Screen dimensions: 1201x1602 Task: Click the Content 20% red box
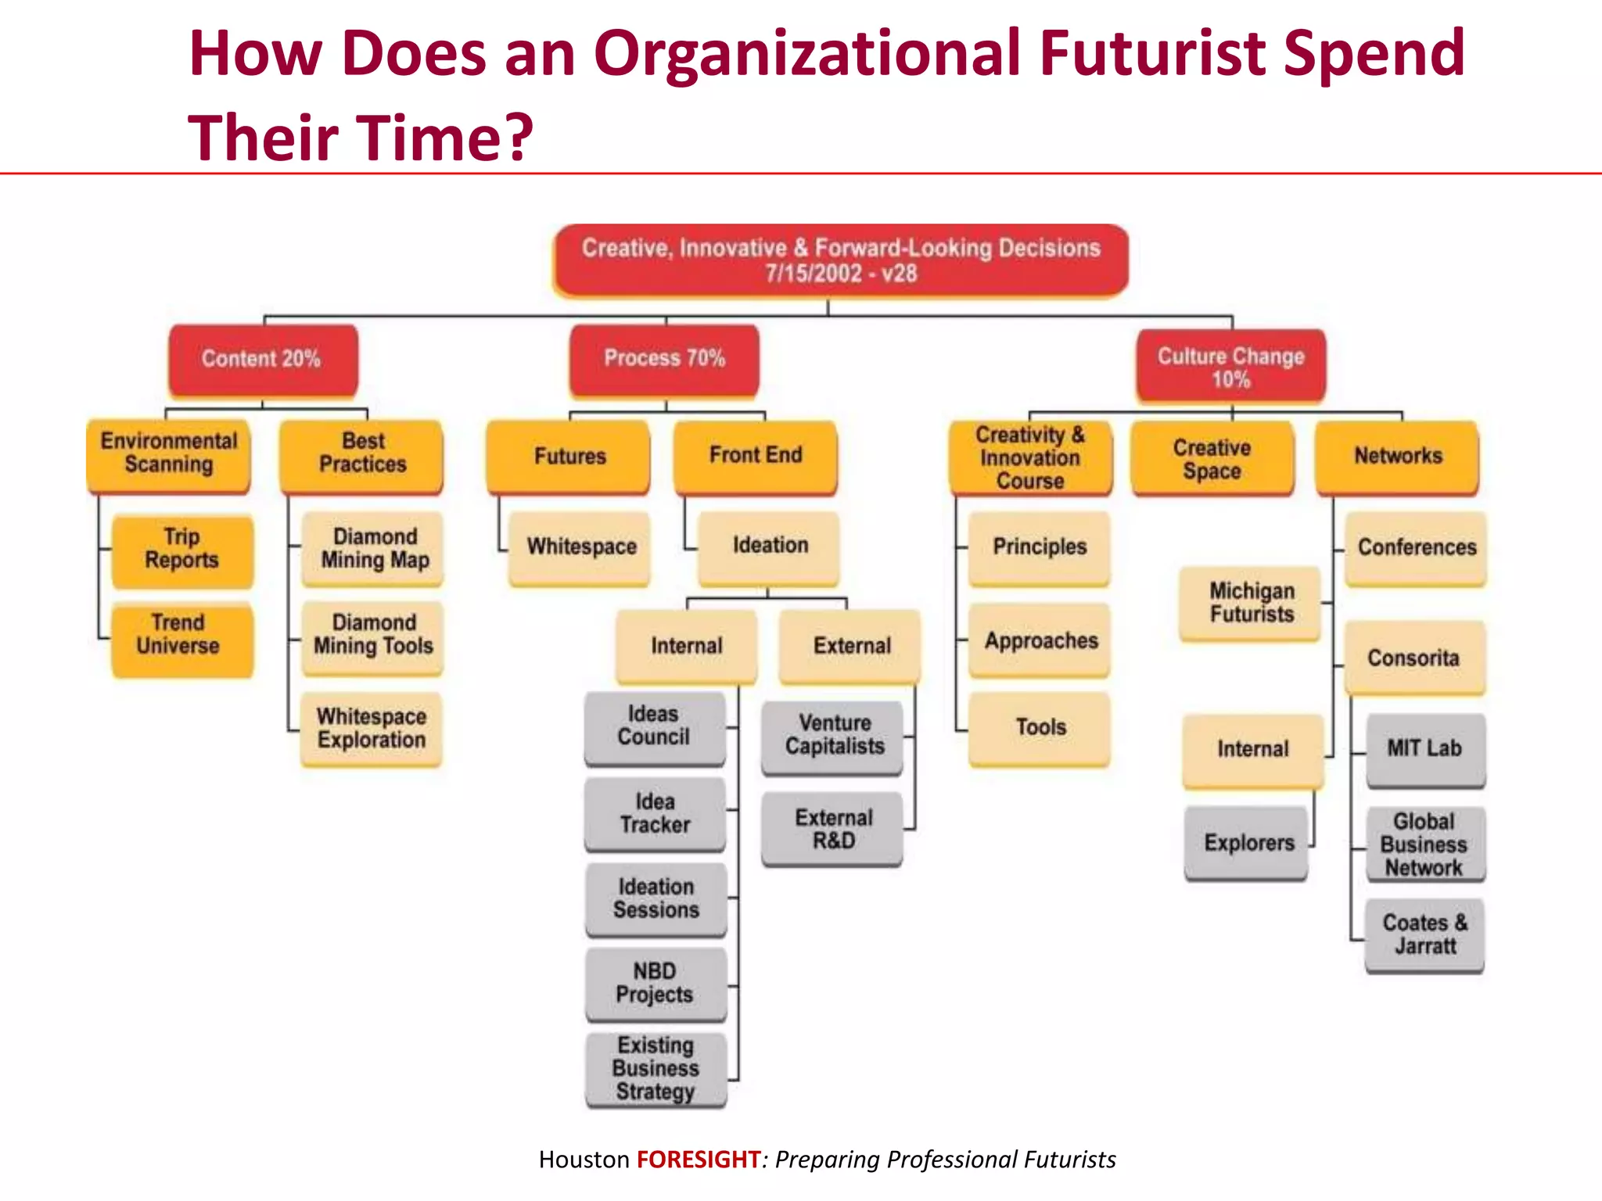coord(263,360)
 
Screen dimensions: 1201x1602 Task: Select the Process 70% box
coord(665,359)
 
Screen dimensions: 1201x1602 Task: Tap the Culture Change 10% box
coord(1231,367)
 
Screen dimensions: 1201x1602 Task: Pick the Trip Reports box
coord(182,550)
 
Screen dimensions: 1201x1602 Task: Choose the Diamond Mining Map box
coord(374,549)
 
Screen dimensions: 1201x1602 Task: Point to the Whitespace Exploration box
coord(372,729)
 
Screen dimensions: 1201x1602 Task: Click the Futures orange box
coord(569,457)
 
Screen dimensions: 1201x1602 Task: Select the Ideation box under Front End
coord(770,547)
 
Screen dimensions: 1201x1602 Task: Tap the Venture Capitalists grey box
coord(834,736)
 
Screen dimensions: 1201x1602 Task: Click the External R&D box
coord(833,830)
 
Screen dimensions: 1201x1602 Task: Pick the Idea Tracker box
coord(656,814)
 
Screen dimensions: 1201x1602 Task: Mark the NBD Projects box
coord(656,984)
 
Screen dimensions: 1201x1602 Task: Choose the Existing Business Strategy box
coord(656,1069)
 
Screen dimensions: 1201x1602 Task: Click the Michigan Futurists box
coord(1251,604)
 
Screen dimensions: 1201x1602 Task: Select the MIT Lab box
coord(1425,749)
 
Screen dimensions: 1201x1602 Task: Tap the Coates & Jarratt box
coord(1424,935)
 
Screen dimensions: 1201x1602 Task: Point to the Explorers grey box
coord(1248,844)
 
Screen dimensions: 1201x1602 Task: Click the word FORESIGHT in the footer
coord(699,1160)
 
